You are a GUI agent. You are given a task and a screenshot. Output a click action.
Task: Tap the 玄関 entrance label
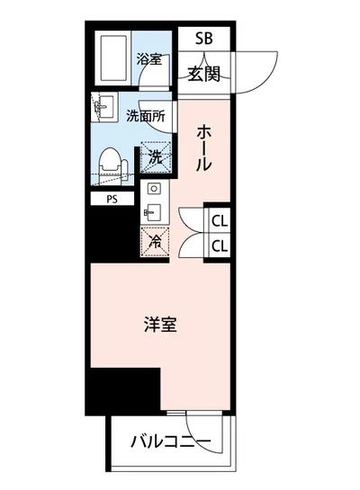[x=204, y=74]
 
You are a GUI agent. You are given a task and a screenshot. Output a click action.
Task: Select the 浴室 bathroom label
[x=148, y=60]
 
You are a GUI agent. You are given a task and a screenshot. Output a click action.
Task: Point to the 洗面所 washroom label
[x=145, y=115]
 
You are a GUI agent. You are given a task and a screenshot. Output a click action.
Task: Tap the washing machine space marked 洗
[x=157, y=157]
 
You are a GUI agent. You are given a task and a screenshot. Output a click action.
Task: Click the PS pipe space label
[x=112, y=200]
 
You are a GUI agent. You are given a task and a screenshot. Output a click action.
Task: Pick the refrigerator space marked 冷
[x=155, y=241]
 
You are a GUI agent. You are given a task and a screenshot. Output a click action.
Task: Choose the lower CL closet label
[x=219, y=245]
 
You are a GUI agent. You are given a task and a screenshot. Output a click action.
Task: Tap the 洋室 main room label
[x=159, y=325]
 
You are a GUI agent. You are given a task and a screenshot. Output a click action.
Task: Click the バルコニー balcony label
[x=169, y=441]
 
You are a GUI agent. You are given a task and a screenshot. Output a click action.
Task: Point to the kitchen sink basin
[x=153, y=212]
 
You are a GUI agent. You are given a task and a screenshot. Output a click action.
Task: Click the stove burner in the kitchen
[x=153, y=190]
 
